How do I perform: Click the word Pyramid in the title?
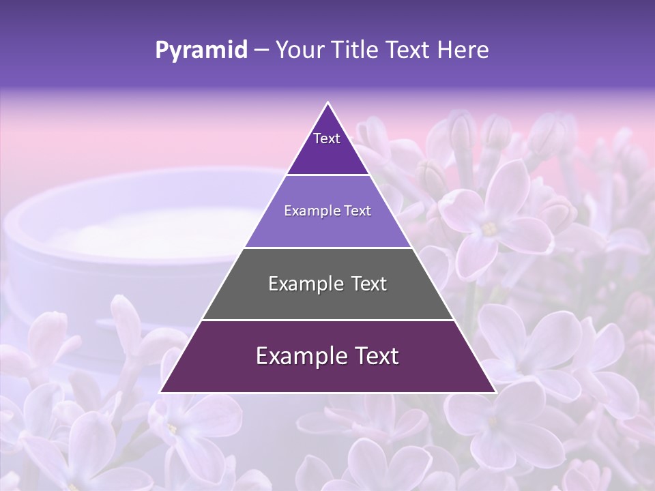coord(201,50)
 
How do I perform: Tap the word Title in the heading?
coord(355,50)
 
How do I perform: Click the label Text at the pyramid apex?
coord(327,138)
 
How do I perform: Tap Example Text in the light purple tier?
coord(327,211)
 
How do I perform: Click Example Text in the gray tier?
coord(327,284)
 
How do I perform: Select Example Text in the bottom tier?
coord(327,356)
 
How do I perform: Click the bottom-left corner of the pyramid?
coord(160,392)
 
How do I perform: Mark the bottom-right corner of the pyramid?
coord(495,392)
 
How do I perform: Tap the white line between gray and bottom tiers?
coord(327,320)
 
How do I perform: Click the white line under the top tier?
coord(327,175)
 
